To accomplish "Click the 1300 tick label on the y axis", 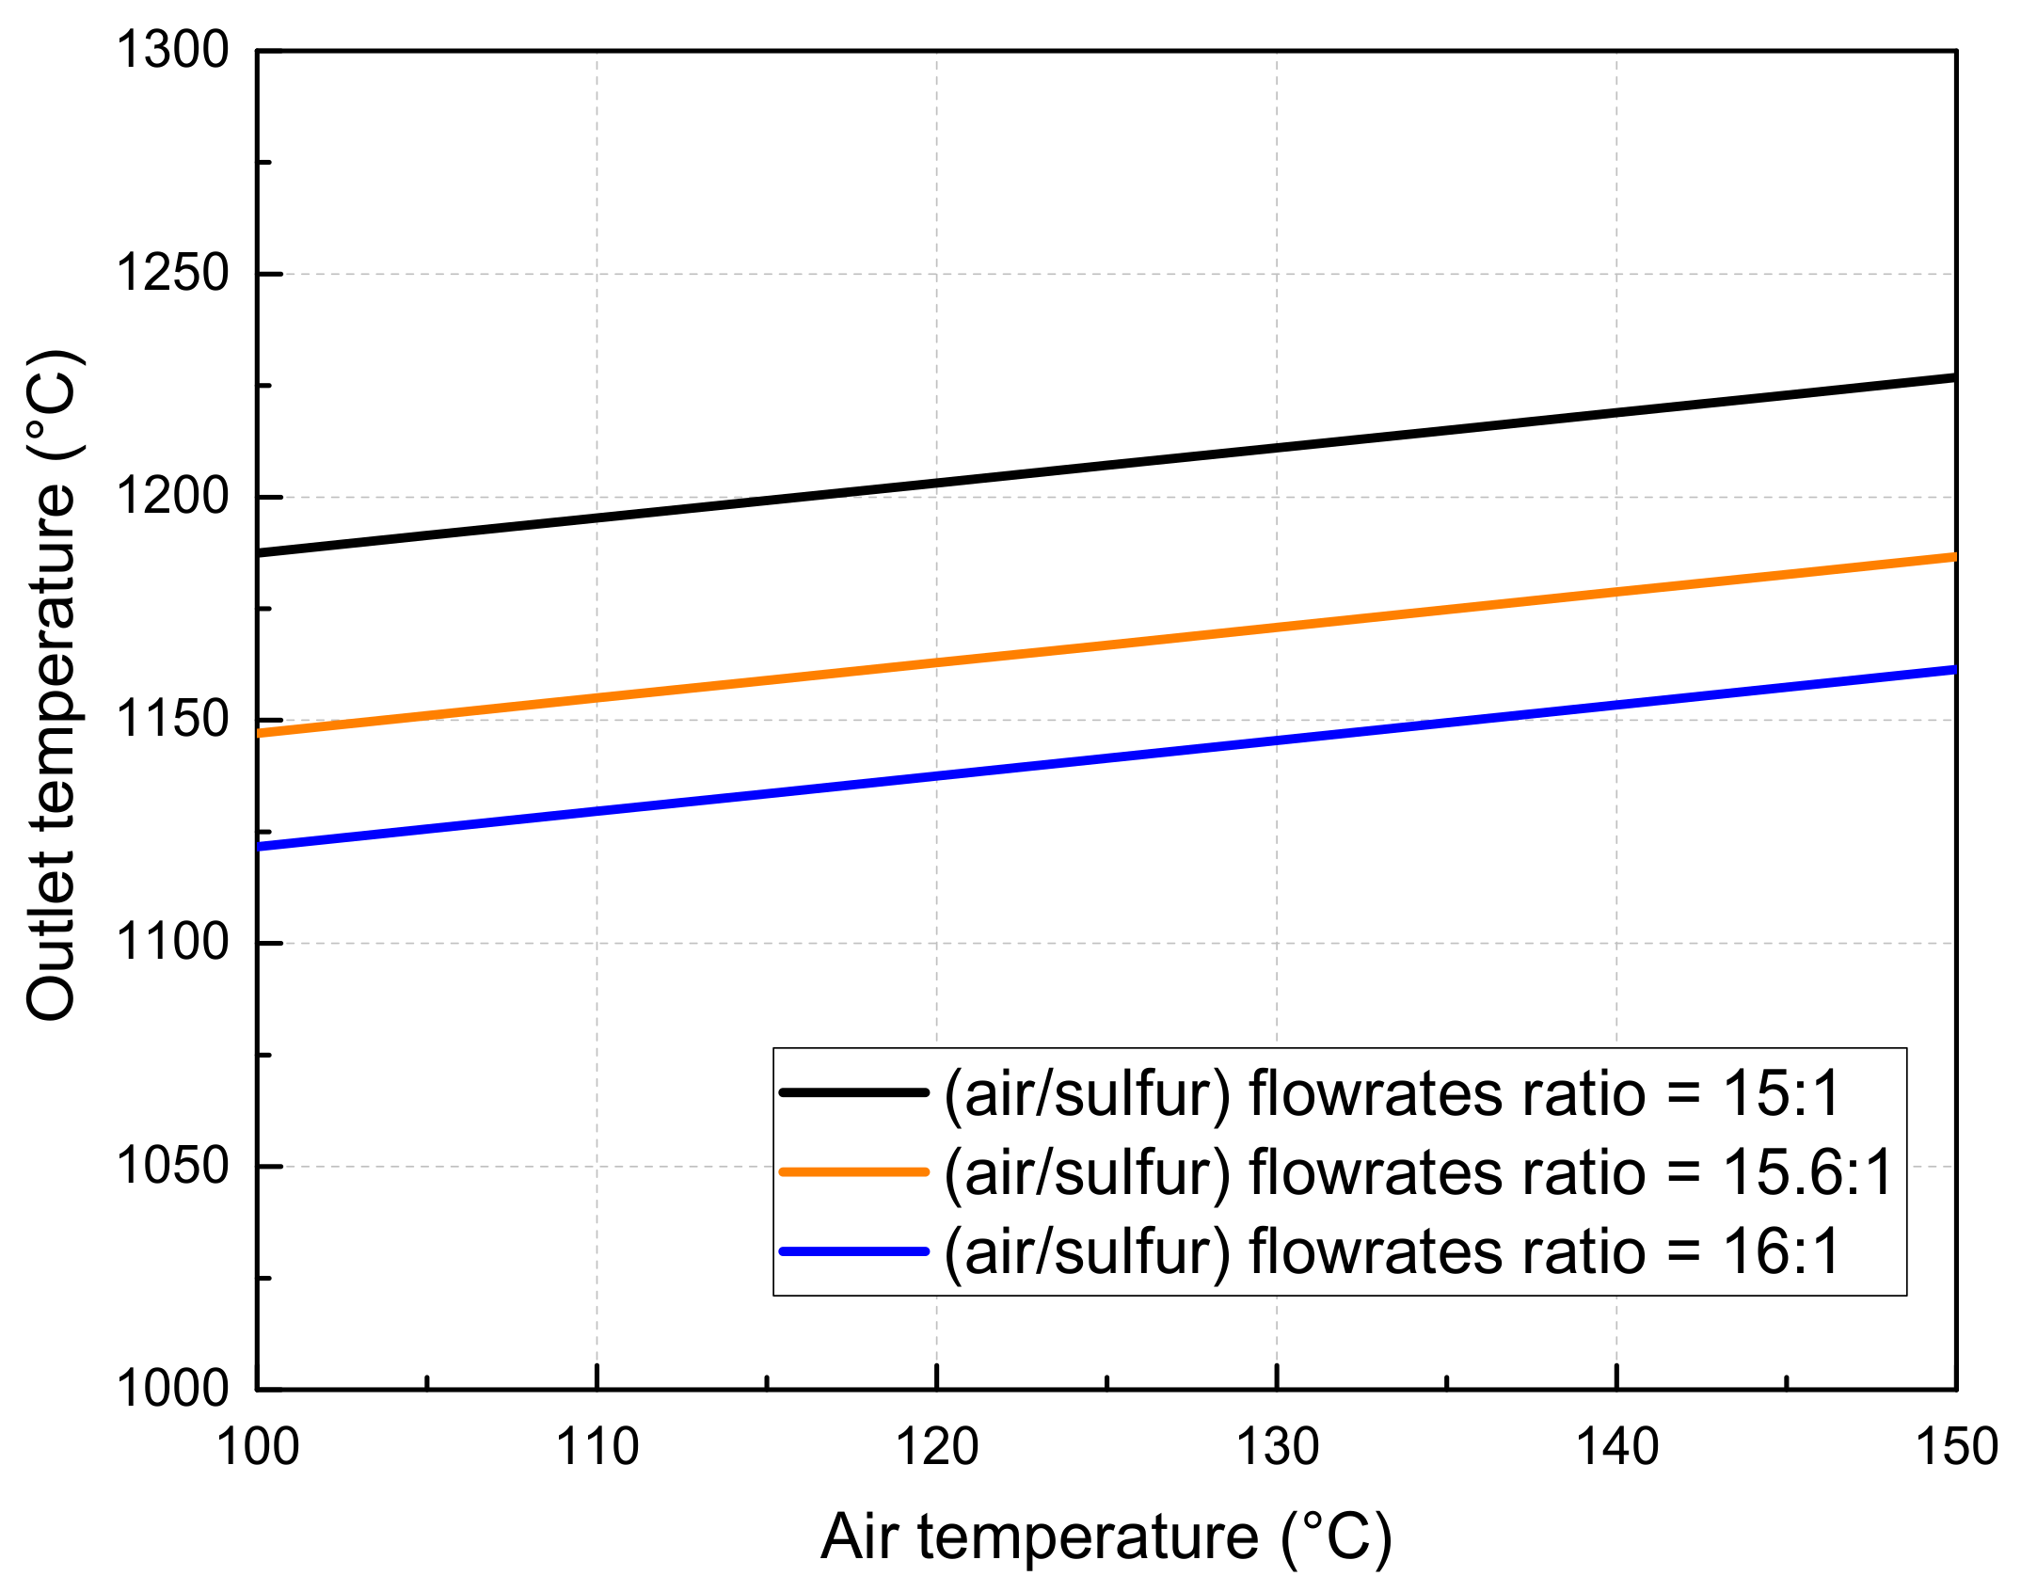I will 172,50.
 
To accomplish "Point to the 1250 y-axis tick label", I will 172,274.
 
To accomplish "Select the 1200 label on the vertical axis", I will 172,496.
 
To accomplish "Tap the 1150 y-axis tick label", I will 172,719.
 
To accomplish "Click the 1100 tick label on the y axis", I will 172,942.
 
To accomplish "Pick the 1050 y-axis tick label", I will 172,1166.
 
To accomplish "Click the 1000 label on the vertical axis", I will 172,1388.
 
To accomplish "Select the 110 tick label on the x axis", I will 597,1447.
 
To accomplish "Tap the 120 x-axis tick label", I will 937,1447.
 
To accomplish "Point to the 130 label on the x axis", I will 1277,1447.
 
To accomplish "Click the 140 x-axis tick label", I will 1616,1447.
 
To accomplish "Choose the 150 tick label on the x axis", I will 1956,1447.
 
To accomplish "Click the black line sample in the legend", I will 854,1092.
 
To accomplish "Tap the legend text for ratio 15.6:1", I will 1418,1172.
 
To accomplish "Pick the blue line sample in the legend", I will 854,1251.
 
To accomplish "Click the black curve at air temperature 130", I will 1277,448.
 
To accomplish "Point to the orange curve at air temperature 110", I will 597,698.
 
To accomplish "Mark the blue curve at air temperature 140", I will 1616,705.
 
